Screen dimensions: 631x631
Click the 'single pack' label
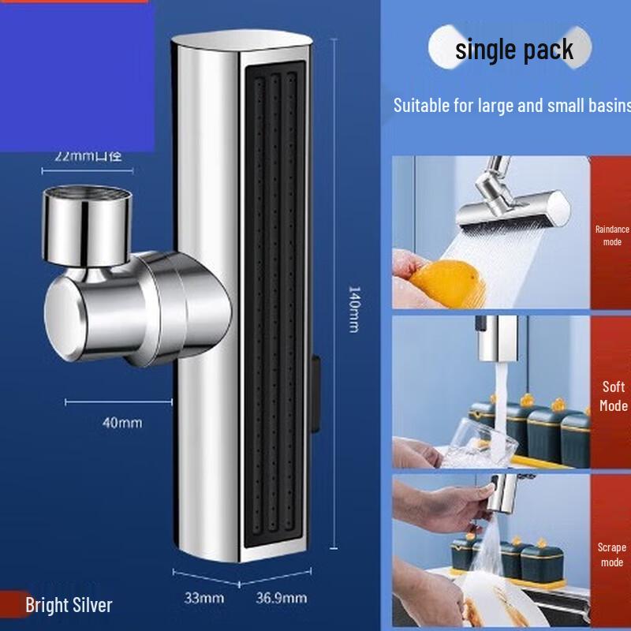tap(513, 50)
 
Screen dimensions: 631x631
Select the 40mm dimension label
tap(122, 423)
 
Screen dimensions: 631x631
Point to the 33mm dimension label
tap(203, 597)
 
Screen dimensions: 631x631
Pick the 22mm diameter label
tap(88, 155)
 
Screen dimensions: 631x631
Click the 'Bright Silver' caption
tap(69, 606)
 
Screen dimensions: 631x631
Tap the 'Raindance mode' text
tap(612, 236)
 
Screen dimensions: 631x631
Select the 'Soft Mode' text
tap(614, 396)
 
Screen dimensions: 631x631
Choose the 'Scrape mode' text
tap(612, 554)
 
